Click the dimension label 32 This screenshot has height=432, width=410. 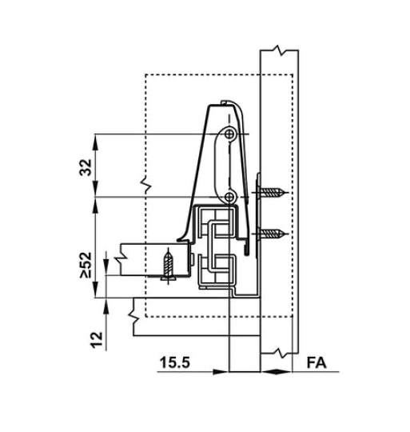click(x=86, y=167)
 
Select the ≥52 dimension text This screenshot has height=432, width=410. click(x=86, y=265)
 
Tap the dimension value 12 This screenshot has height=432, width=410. click(x=97, y=341)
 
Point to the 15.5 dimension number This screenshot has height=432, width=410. click(x=175, y=362)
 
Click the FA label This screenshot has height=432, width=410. click(x=316, y=362)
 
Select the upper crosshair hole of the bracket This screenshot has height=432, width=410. click(x=229, y=134)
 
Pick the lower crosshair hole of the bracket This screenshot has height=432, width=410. click(x=229, y=197)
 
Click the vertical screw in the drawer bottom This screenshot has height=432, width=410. click(x=168, y=265)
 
